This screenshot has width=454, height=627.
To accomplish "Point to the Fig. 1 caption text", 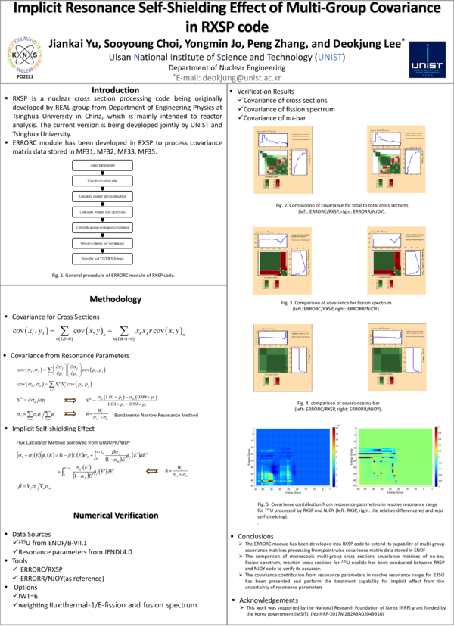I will [113, 276].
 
